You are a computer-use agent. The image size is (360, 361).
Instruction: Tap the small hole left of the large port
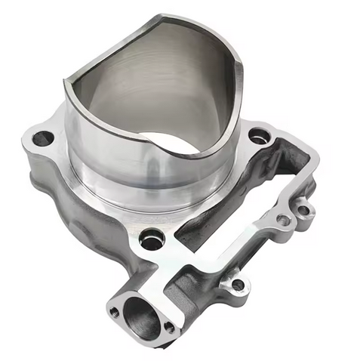tap(114, 310)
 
